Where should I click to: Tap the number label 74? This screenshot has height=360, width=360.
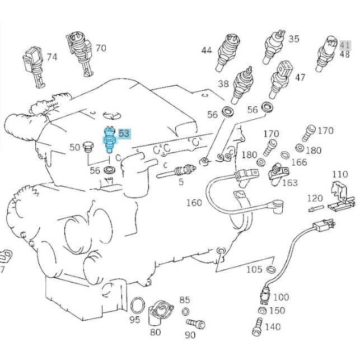[x=52, y=57]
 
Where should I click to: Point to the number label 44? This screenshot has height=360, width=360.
[x=207, y=50]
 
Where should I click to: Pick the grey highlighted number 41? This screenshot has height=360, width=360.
[x=345, y=45]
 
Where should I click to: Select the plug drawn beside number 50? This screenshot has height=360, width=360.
[x=87, y=148]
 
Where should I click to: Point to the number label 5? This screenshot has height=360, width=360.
[x=181, y=182]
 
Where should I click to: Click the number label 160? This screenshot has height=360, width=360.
[x=194, y=202]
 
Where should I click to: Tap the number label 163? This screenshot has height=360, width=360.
[x=289, y=182]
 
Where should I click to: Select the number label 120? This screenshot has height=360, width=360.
[x=315, y=198]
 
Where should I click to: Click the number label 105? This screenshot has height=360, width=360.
[x=254, y=269]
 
